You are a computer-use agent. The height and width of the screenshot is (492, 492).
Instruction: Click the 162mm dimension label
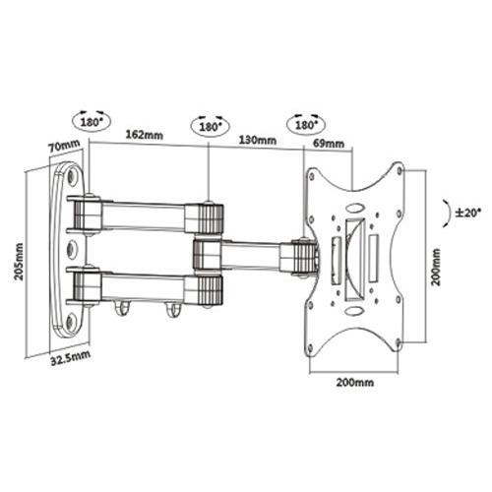click(145, 135)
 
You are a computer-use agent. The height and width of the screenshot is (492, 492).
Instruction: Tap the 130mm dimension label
click(258, 140)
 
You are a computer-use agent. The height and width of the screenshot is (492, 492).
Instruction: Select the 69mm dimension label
click(329, 144)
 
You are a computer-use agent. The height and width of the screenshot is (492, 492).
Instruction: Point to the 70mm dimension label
click(64, 146)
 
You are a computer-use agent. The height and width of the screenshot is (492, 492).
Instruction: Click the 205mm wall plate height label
click(20, 262)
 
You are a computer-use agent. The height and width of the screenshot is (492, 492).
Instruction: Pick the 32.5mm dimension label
click(70, 358)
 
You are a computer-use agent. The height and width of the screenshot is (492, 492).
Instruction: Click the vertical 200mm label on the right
click(436, 267)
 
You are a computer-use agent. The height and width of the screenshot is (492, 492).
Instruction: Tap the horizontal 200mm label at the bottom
click(355, 383)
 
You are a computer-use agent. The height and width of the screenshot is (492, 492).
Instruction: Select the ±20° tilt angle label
click(468, 213)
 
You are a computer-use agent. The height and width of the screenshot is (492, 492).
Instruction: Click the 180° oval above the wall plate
click(92, 122)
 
